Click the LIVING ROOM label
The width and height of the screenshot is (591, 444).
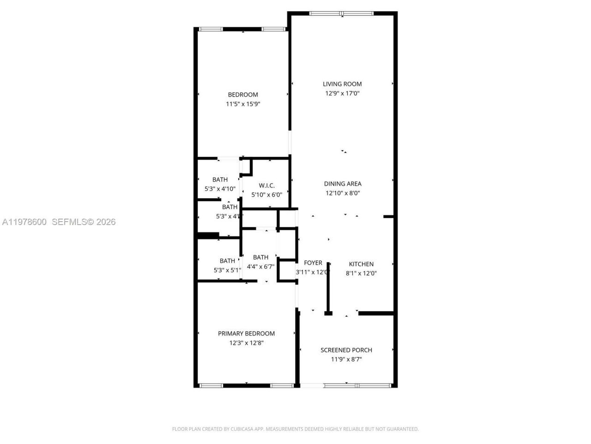click(342, 84)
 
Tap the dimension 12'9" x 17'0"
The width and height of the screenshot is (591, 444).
click(342, 93)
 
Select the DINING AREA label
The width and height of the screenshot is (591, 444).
click(343, 184)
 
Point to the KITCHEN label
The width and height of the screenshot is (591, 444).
click(361, 264)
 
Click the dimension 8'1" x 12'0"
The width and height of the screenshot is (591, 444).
click(361, 273)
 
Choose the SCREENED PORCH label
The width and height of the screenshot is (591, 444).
click(346, 350)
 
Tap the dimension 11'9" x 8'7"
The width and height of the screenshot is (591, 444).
click(346, 359)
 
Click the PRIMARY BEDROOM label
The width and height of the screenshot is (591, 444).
click(246, 333)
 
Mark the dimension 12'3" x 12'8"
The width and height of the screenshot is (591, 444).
click(246, 343)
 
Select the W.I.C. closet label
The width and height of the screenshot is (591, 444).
click(266, 185)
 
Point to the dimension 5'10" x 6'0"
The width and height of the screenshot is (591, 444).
click(266, 195)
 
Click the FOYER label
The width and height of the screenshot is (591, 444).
click(313, 263)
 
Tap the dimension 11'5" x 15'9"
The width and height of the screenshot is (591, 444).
click(243, 105)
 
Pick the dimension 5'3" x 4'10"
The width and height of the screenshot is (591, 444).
click(220, 189)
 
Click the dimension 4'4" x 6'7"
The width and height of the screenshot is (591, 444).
click(260, 267)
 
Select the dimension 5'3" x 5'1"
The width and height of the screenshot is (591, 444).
click(227, 271)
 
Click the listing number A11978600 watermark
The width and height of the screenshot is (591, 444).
click(24, 222)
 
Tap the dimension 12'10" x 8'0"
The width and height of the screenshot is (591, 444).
click(343, 193)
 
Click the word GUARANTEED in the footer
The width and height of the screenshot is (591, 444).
click(403, 429)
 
